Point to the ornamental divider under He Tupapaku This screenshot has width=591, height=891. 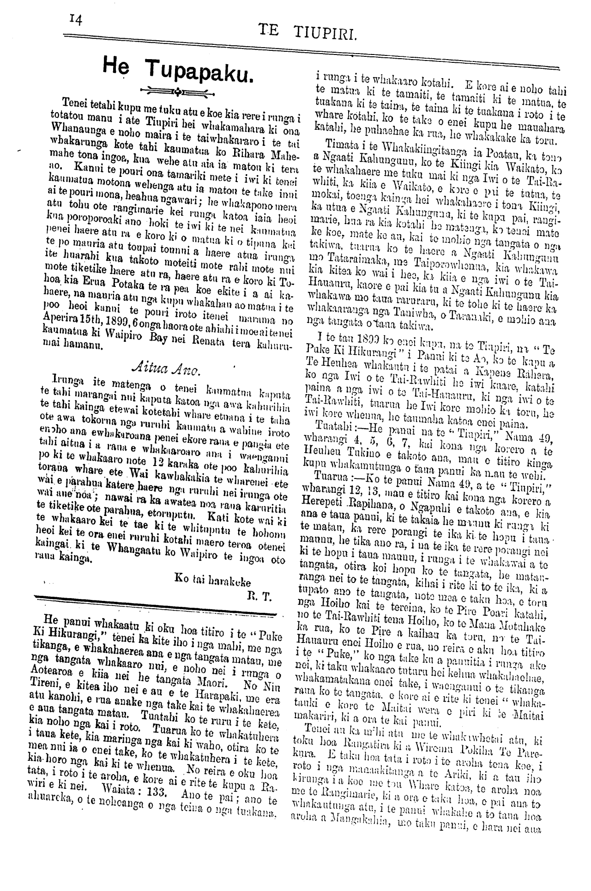177,90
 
